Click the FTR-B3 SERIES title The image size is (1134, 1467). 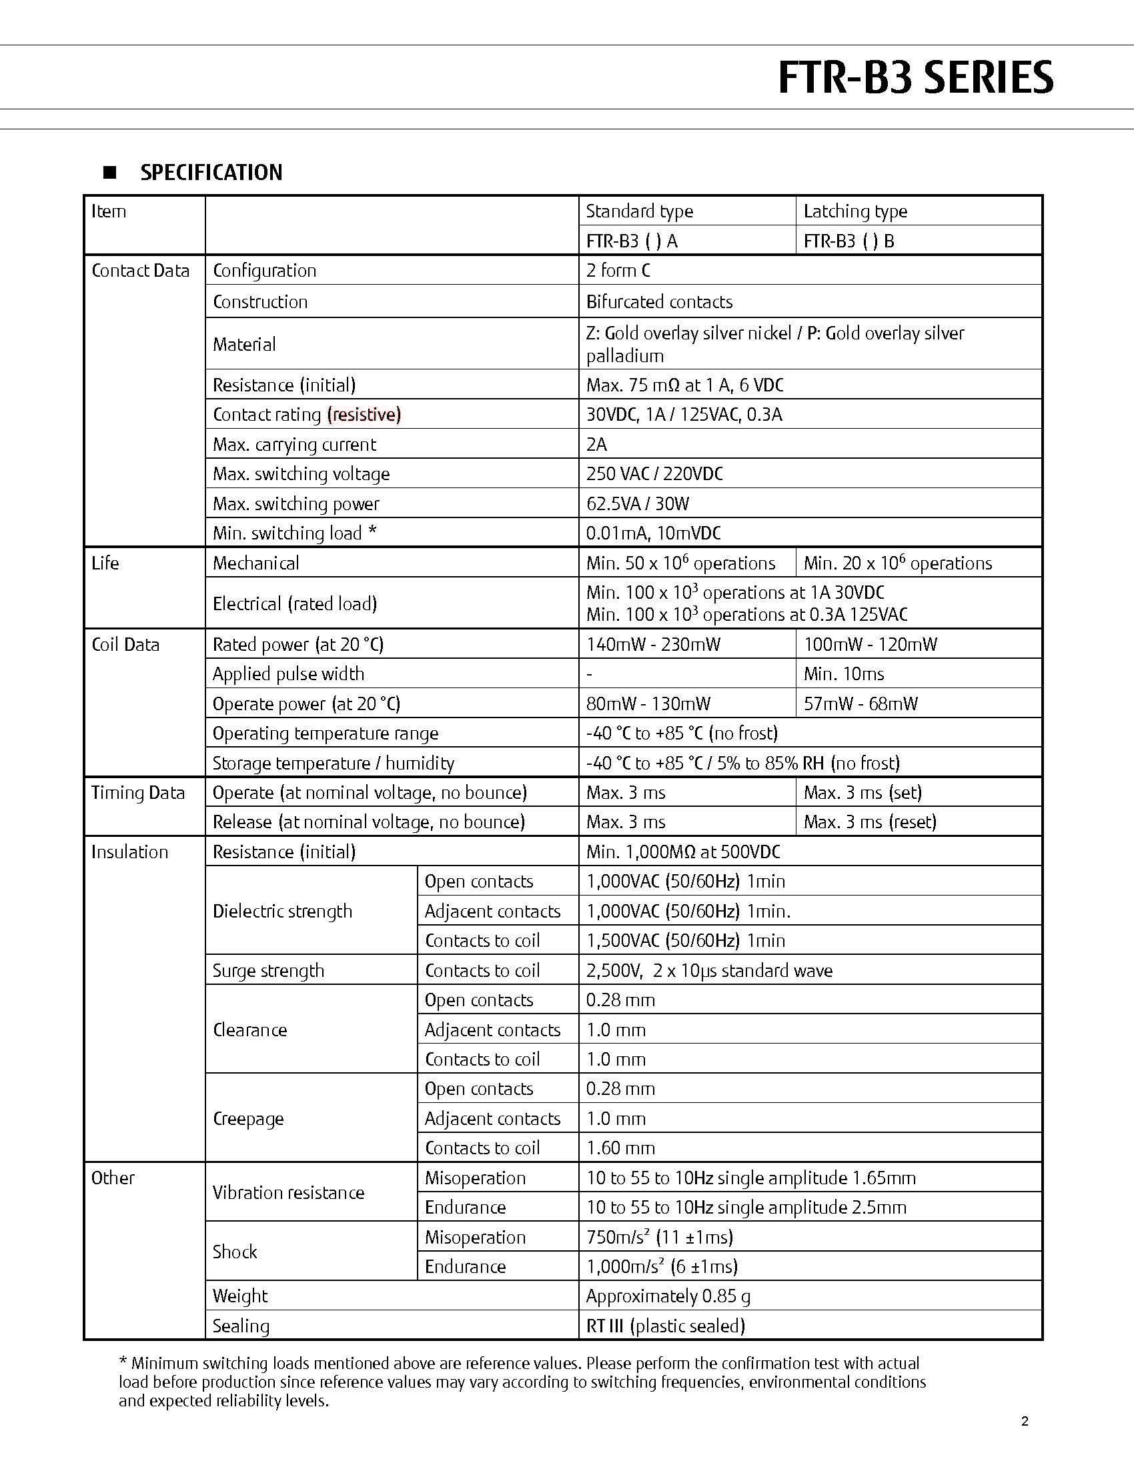[915, 78]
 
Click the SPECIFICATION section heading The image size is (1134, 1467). [211, 173]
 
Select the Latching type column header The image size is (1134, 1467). [855, 211]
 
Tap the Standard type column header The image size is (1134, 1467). [639, 211]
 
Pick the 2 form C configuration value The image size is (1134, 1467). [618, 271]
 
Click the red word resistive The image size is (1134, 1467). [364, 415]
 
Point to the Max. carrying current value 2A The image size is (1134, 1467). [596, 445]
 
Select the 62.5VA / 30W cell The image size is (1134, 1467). [637, 503]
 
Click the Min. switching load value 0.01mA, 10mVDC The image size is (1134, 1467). [653, 533]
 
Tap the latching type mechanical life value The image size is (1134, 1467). [897, 563]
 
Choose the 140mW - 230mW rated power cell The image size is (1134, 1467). [653, 645]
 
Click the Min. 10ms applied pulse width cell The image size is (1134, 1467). [843, 673]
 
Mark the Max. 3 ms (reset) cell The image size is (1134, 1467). [869, 822]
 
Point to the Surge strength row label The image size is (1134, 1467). [268, 971]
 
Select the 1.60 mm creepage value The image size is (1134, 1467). [620, 1148]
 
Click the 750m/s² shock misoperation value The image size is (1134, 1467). [659, 1237]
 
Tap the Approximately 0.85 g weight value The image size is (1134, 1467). [668, 1296]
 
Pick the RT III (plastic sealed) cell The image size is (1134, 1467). [665, 1326]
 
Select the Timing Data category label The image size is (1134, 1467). [137, 794]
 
